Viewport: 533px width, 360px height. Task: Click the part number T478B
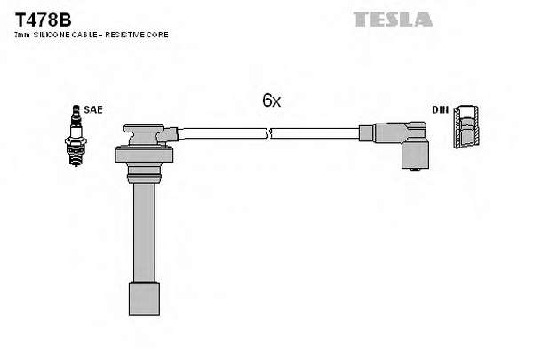(x=43, y=20)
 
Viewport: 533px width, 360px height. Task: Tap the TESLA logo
(x=393, y=20)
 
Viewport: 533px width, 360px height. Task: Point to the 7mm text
(x=22, y=35)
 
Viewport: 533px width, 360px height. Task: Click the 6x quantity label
(x=271, y=100)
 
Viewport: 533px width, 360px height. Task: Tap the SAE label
(x=92, y=109)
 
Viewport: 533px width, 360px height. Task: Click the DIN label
(x=441, y=109)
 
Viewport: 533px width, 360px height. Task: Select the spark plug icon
(x=76, y=135)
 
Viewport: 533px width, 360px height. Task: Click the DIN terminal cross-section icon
(x=466, y=126)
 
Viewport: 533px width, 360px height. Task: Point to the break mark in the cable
(x=268, y=133)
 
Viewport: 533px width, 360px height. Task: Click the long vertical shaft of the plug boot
(x=145, y=233)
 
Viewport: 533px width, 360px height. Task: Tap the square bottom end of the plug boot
(x=144, y=299)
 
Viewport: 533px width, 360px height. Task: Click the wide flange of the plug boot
(x=144, y=155)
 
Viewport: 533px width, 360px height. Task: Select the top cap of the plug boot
(x=144, y=129)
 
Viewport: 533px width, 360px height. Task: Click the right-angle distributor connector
(x=402, y=144)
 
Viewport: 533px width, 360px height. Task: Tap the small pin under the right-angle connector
(x=414, y=170)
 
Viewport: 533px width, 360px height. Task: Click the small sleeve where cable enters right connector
(x=366, y=133)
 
